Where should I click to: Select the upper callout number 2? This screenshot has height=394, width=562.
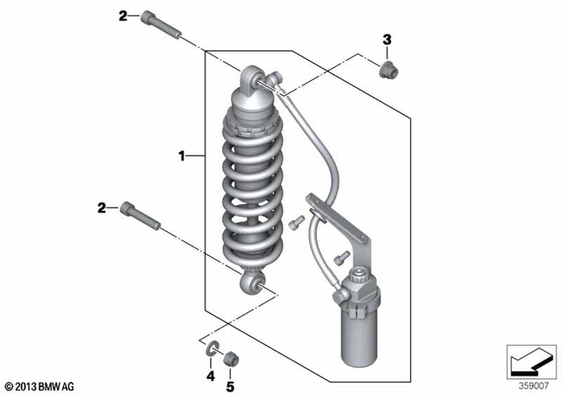(123, 15)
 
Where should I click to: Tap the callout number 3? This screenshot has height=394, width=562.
(385, 40)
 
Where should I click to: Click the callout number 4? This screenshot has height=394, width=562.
(211, 375)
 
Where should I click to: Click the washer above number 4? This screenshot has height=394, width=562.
(212, 354)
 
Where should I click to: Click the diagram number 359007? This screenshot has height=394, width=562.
(530, 383)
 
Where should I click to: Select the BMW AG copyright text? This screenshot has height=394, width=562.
(40, 385)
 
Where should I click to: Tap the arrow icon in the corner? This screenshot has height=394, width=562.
(530, 361)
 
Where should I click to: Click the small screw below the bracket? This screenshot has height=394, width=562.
(336, 257)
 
